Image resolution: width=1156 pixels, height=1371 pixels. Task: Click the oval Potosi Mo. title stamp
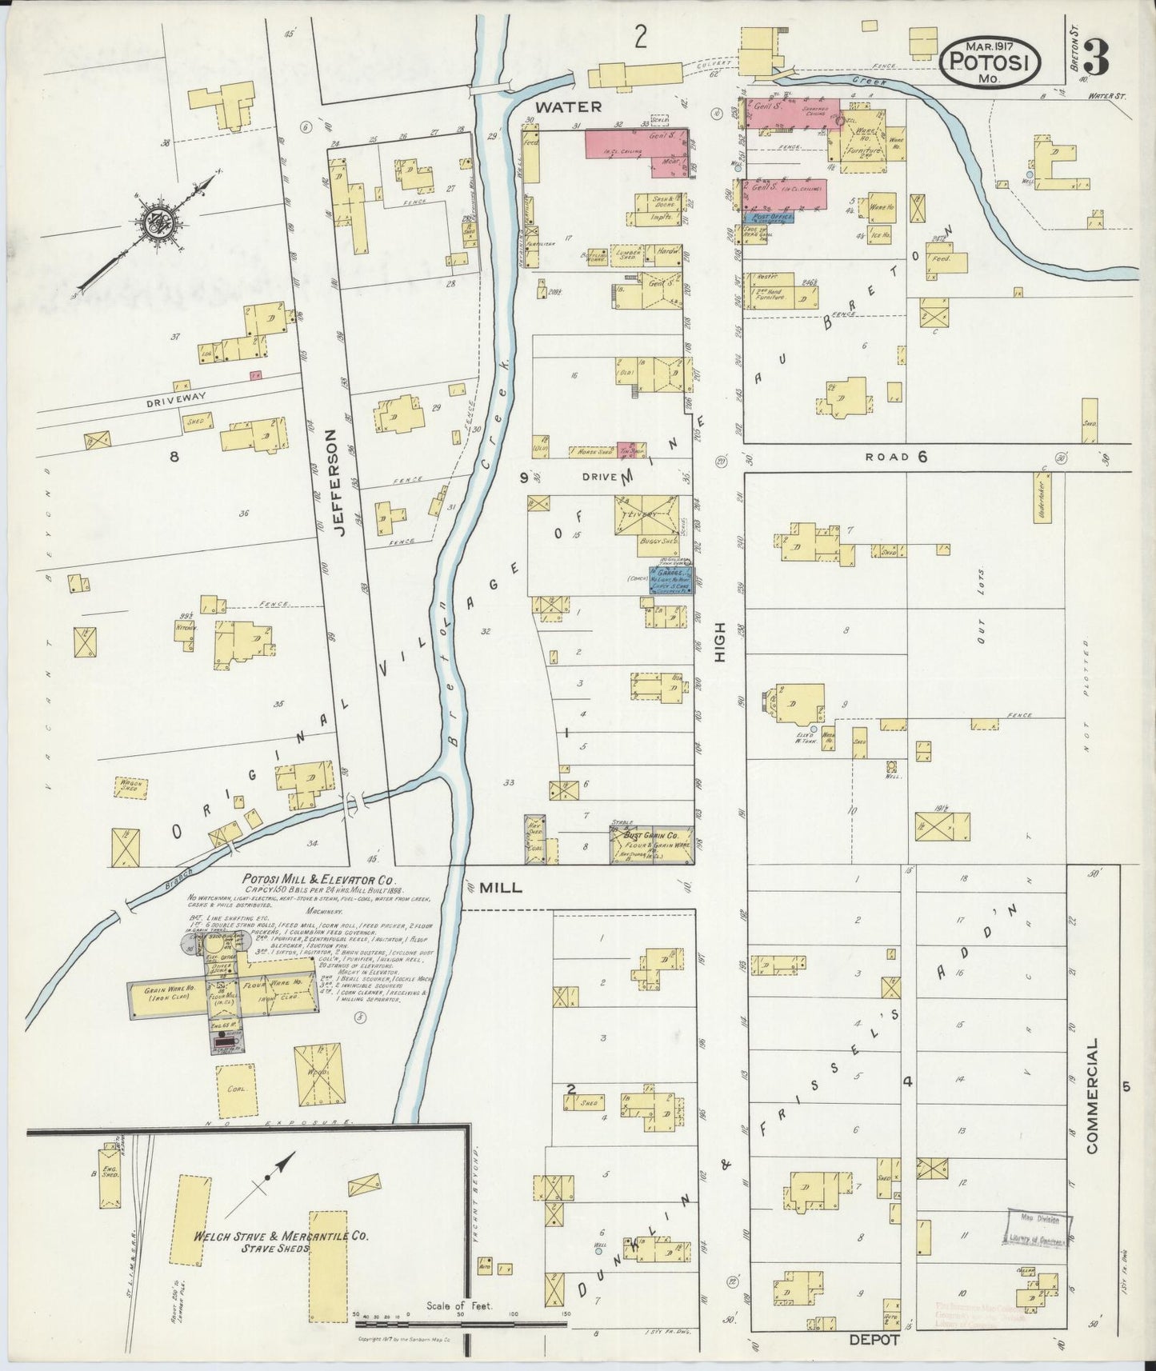990,61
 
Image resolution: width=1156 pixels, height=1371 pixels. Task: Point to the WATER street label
568,106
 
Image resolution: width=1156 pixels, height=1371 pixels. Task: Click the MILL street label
501,887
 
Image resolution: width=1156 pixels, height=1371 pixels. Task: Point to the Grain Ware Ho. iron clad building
167,999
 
